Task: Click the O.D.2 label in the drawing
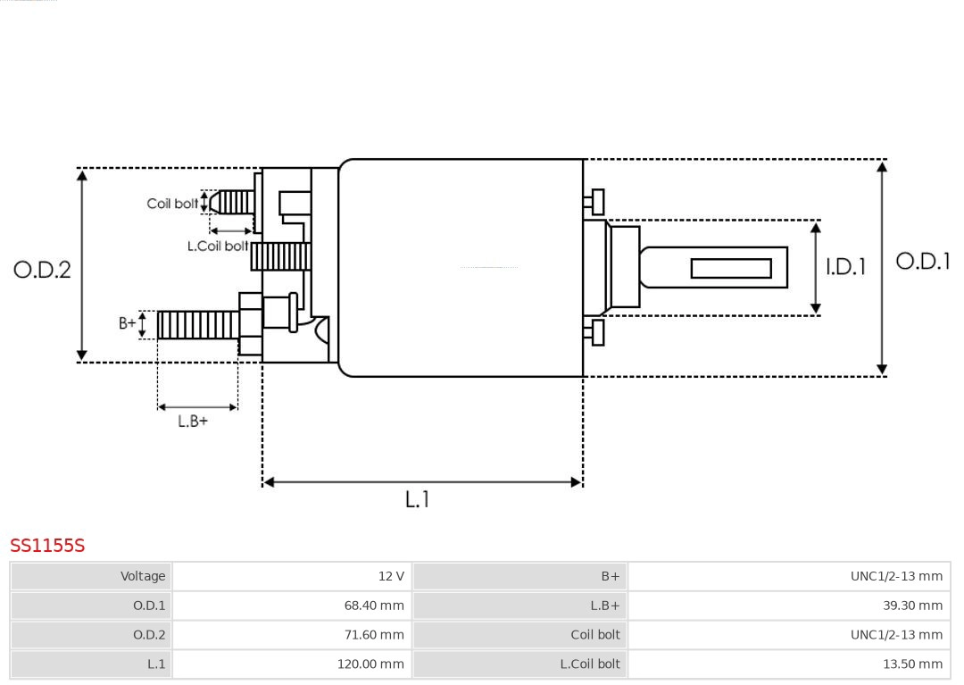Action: [x=42, y=270]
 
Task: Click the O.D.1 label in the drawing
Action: [x=923, y=261]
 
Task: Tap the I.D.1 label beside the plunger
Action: [x=845, y=266]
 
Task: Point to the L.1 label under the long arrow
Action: [x=417, y=500]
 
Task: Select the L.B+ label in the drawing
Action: [x=192, y=422]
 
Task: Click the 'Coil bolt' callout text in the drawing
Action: [x=172, y=204]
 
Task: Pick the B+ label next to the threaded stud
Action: [x=127, y=323]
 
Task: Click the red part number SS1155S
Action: [x=47, y=546]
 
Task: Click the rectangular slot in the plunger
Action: [x=731, y=268]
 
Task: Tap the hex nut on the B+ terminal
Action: [x=251, y=324]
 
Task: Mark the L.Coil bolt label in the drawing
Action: [x=217, y=246]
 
